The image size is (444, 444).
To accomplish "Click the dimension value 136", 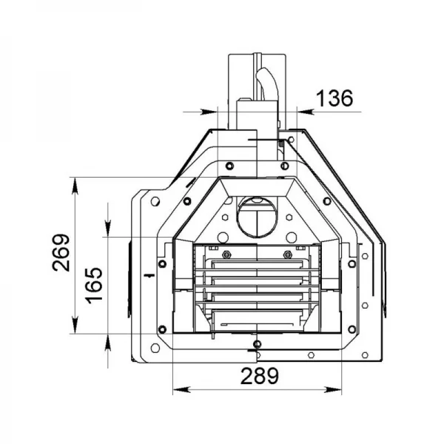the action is pos(334,98).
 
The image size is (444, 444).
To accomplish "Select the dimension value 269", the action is pos(61,252).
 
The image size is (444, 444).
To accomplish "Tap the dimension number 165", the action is pos(94,286).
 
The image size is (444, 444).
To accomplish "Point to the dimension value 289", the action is pos(260,376).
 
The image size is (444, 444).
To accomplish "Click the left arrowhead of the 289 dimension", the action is pos(181,390).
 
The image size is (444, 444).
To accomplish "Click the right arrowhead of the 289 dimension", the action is pos(333,390).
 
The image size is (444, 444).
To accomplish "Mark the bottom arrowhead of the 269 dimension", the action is pos(75,325).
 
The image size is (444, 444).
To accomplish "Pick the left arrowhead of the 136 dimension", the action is pos(209,112).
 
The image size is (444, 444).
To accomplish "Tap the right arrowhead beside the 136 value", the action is pos(305,112).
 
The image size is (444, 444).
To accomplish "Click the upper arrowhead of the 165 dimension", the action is pos(108,228).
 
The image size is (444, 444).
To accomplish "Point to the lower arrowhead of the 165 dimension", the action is pos(108,343).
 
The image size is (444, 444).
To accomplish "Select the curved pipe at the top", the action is pos(266,84).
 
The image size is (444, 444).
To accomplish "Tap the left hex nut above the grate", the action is pos(226,255).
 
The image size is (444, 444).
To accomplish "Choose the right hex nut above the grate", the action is pos(287,255).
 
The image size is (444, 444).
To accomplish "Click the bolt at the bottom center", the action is pos(257,344).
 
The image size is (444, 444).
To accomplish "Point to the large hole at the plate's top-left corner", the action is pos(155,201).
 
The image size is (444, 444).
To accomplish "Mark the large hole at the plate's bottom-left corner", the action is pos(155,348).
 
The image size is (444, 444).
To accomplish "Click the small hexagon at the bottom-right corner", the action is pos(365,354).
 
